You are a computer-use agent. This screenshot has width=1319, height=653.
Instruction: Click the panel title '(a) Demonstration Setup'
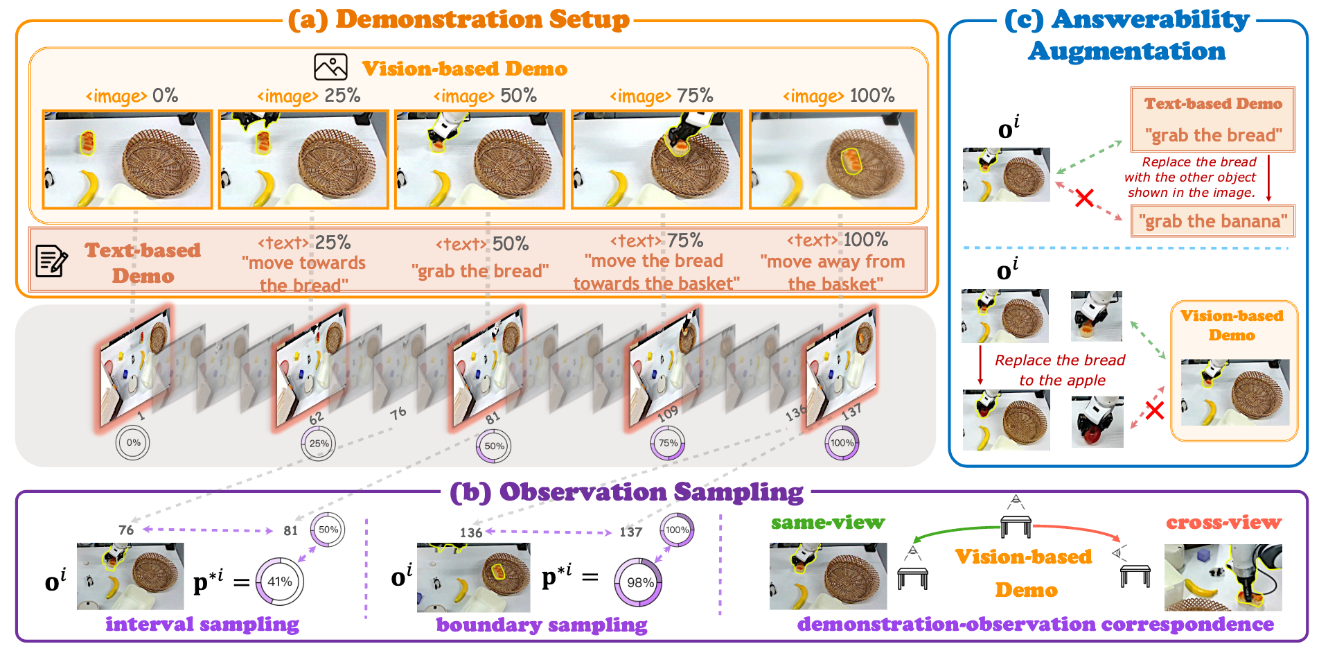(x=459, y=19)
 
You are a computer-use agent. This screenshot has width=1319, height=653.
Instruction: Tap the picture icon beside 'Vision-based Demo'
(x=330, y=67)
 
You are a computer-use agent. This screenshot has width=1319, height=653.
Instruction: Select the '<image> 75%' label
(x=661, y=96)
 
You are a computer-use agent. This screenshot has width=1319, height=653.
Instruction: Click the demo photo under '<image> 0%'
(x=127, y=159)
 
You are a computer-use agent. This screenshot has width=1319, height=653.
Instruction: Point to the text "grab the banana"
(x=1213, y=221)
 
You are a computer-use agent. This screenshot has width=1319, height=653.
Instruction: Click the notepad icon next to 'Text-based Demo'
(x=51, y=261)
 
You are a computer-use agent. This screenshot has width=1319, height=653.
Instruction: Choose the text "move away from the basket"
(x=833, y=272)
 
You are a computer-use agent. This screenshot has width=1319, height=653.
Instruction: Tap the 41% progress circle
(x=280, y=582)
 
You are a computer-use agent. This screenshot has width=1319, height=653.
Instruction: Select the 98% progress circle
(x=638, y=582)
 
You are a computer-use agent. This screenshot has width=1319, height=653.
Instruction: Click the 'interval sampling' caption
(x=202, y=625)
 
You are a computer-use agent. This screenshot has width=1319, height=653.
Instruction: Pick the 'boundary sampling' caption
(x=541, y=625)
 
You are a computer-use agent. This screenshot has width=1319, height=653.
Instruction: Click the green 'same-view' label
(x=827, y=523)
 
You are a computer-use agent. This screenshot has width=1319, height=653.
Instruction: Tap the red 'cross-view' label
(x=1223, y=523)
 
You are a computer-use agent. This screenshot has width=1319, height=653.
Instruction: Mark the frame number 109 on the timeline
(x=668, y=415)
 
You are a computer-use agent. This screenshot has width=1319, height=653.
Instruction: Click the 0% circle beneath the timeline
(x=133, y=443)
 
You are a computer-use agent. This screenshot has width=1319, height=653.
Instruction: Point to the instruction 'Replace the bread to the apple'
(x=1060, y=370)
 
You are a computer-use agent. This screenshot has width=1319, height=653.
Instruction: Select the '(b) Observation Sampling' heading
(x=626, y=492)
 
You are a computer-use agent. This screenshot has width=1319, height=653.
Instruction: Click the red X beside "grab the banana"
(x=1084, y=198)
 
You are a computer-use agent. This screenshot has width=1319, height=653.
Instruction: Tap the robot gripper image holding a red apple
(x=1097, y=421)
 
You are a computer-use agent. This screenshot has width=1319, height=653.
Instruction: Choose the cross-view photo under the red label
(x=1223, y=577)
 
